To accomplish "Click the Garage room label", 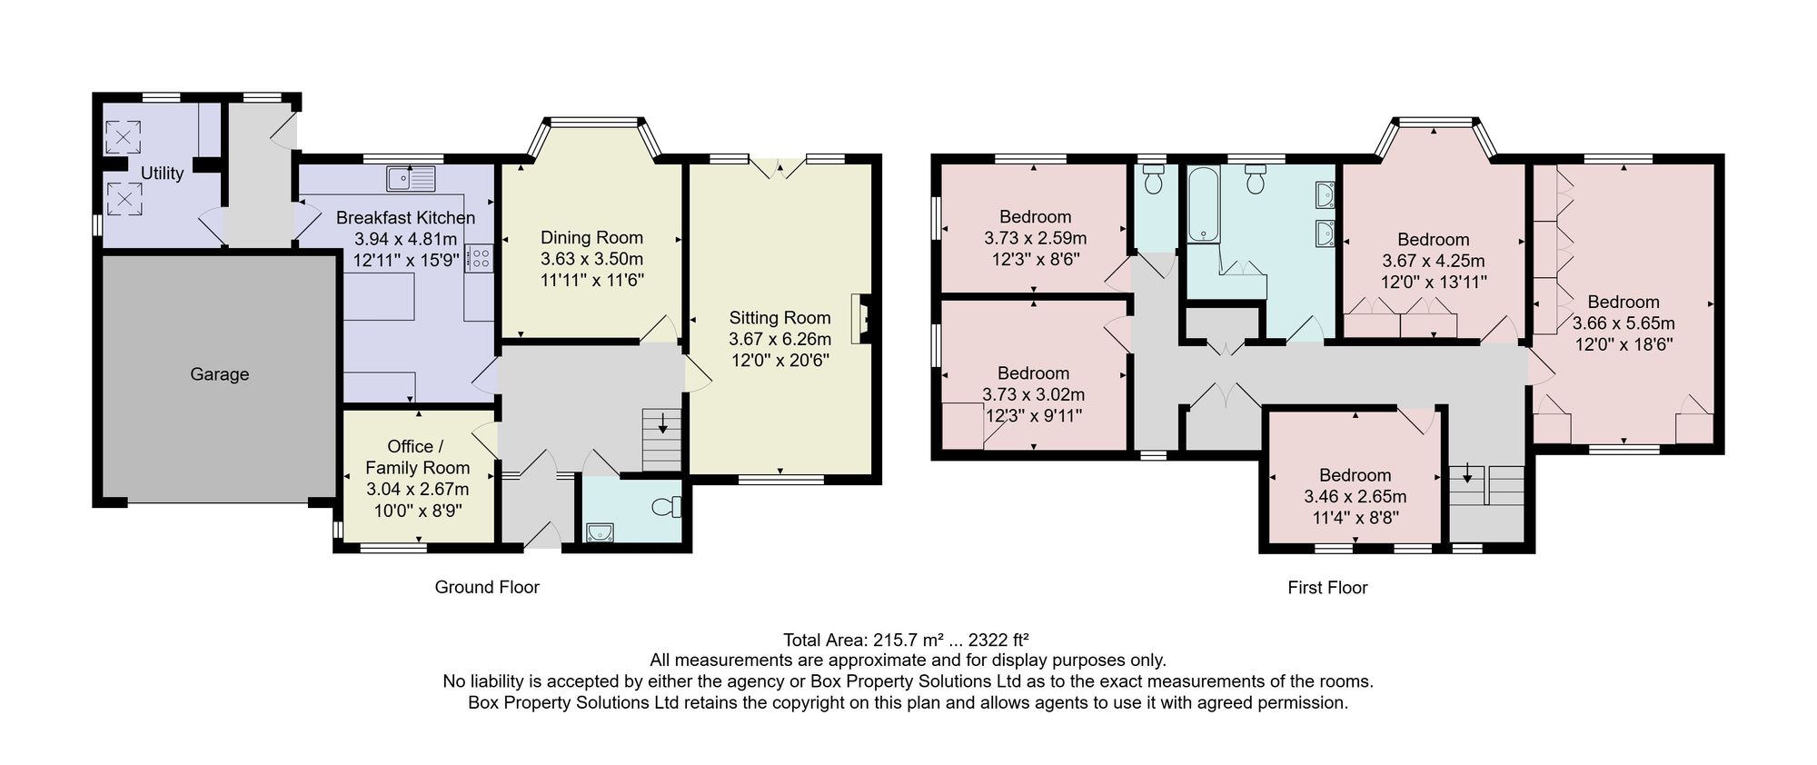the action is point(219,374).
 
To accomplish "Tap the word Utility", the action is point(162,174).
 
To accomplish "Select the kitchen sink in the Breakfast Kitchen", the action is point(411,178).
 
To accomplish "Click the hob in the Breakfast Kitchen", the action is point(479,258).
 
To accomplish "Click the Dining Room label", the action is point(591,238).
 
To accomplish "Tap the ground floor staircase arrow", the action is point(662,422).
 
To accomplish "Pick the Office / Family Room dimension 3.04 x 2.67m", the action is point(417,490).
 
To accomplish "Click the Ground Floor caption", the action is point(487,587).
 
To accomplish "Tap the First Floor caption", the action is point(1327,588).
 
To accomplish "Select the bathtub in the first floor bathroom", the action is point(1204,204).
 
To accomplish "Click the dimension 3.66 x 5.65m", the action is point(1623,323).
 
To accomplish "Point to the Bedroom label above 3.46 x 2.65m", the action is point(1355,475).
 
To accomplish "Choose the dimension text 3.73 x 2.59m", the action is point(1035,238).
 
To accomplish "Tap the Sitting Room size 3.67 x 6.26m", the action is point(779,339).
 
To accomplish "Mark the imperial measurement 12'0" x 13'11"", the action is point(1434,283).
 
